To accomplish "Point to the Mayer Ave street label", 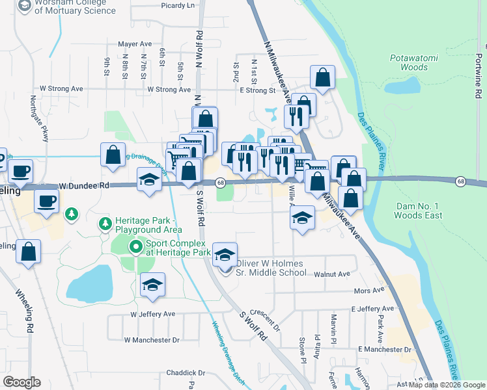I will tap(135, 44).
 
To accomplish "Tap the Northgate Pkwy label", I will tap(39, 120).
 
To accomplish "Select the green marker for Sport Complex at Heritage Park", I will tap(135, 247).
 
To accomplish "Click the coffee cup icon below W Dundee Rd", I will tap(46, 201).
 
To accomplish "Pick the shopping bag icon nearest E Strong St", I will tap(322, 78).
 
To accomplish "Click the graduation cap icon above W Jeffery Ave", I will tap(152, 285).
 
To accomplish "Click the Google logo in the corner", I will tap(21, 382).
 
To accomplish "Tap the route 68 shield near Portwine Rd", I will tap(460, 181).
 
